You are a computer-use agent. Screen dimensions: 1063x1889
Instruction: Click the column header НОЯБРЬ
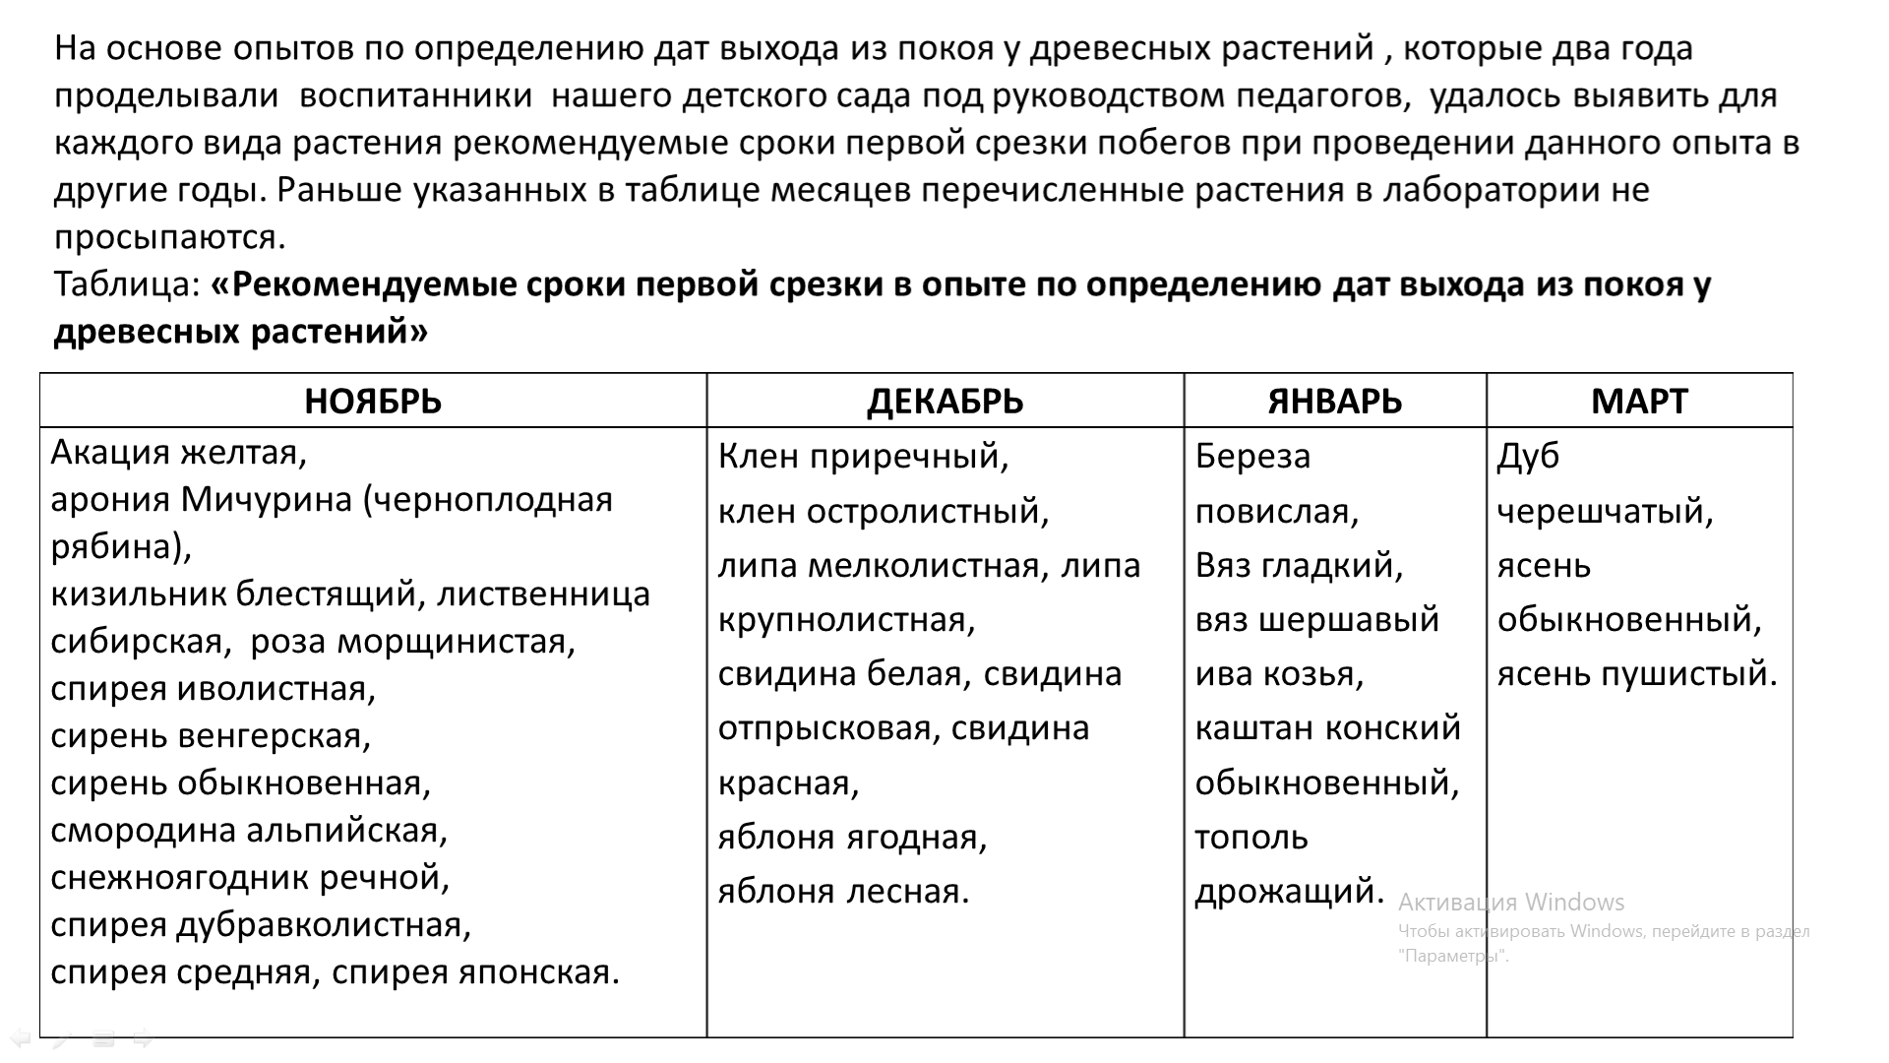(x=373, y=402)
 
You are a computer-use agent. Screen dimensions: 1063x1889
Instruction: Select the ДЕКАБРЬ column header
(x=944, y=402)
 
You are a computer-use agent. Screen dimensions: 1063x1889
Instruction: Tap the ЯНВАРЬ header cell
(x=1334, y=402)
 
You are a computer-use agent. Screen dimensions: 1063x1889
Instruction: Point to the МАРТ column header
(x=1639, y=402)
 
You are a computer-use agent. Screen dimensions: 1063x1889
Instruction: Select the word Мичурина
(x=266, y=500)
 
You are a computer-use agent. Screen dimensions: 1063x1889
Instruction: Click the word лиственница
(x=543, y=594)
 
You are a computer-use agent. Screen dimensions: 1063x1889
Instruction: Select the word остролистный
(x=927, y=512)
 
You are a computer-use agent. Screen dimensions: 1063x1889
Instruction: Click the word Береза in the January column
(x=1252, y=457)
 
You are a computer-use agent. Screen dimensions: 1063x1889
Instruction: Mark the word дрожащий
(x=1288, y=892)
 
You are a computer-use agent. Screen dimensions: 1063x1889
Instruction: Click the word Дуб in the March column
(x=1528, y=457)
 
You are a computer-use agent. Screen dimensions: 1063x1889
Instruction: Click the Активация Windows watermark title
(x=1511, y=903)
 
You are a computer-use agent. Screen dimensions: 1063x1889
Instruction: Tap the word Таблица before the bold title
(x=127, y=284)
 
